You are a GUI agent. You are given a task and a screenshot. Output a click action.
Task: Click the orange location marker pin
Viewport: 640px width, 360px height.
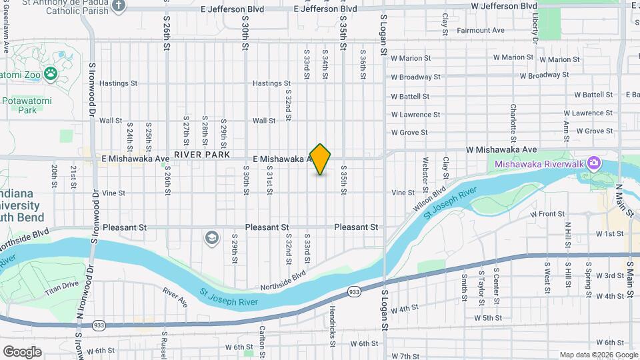[321, 159]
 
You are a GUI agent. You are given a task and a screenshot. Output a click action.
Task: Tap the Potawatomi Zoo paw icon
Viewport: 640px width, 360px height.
[51, 73]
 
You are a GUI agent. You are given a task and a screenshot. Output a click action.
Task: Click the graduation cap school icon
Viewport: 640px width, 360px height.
[211, 238]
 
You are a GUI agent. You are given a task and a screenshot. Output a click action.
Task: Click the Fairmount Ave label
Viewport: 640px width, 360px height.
[480, 31]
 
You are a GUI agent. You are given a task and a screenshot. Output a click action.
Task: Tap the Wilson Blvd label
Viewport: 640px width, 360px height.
[430, 201]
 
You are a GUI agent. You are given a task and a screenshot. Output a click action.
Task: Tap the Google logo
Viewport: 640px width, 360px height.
[22, 351]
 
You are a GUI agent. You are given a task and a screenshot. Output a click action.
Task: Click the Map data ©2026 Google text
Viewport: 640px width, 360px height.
[598, 355]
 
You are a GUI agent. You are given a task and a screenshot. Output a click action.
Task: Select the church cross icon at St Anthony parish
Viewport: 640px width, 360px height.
[119, 6]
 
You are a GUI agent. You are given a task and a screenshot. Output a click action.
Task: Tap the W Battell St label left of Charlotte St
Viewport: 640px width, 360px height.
[415, 97]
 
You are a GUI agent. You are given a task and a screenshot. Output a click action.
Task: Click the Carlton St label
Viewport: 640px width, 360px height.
[263, 337]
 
